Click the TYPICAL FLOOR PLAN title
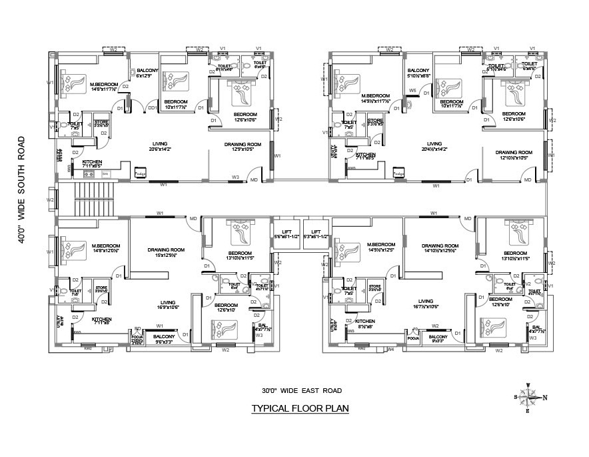[x=299, y=408]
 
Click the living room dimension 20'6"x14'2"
[x=160, y=149]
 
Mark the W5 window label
[x=412, y=90]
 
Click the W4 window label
[x=391, y=349]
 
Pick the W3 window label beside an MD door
[x=235, y=177]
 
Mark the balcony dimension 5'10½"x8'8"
[x=418, y=76]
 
